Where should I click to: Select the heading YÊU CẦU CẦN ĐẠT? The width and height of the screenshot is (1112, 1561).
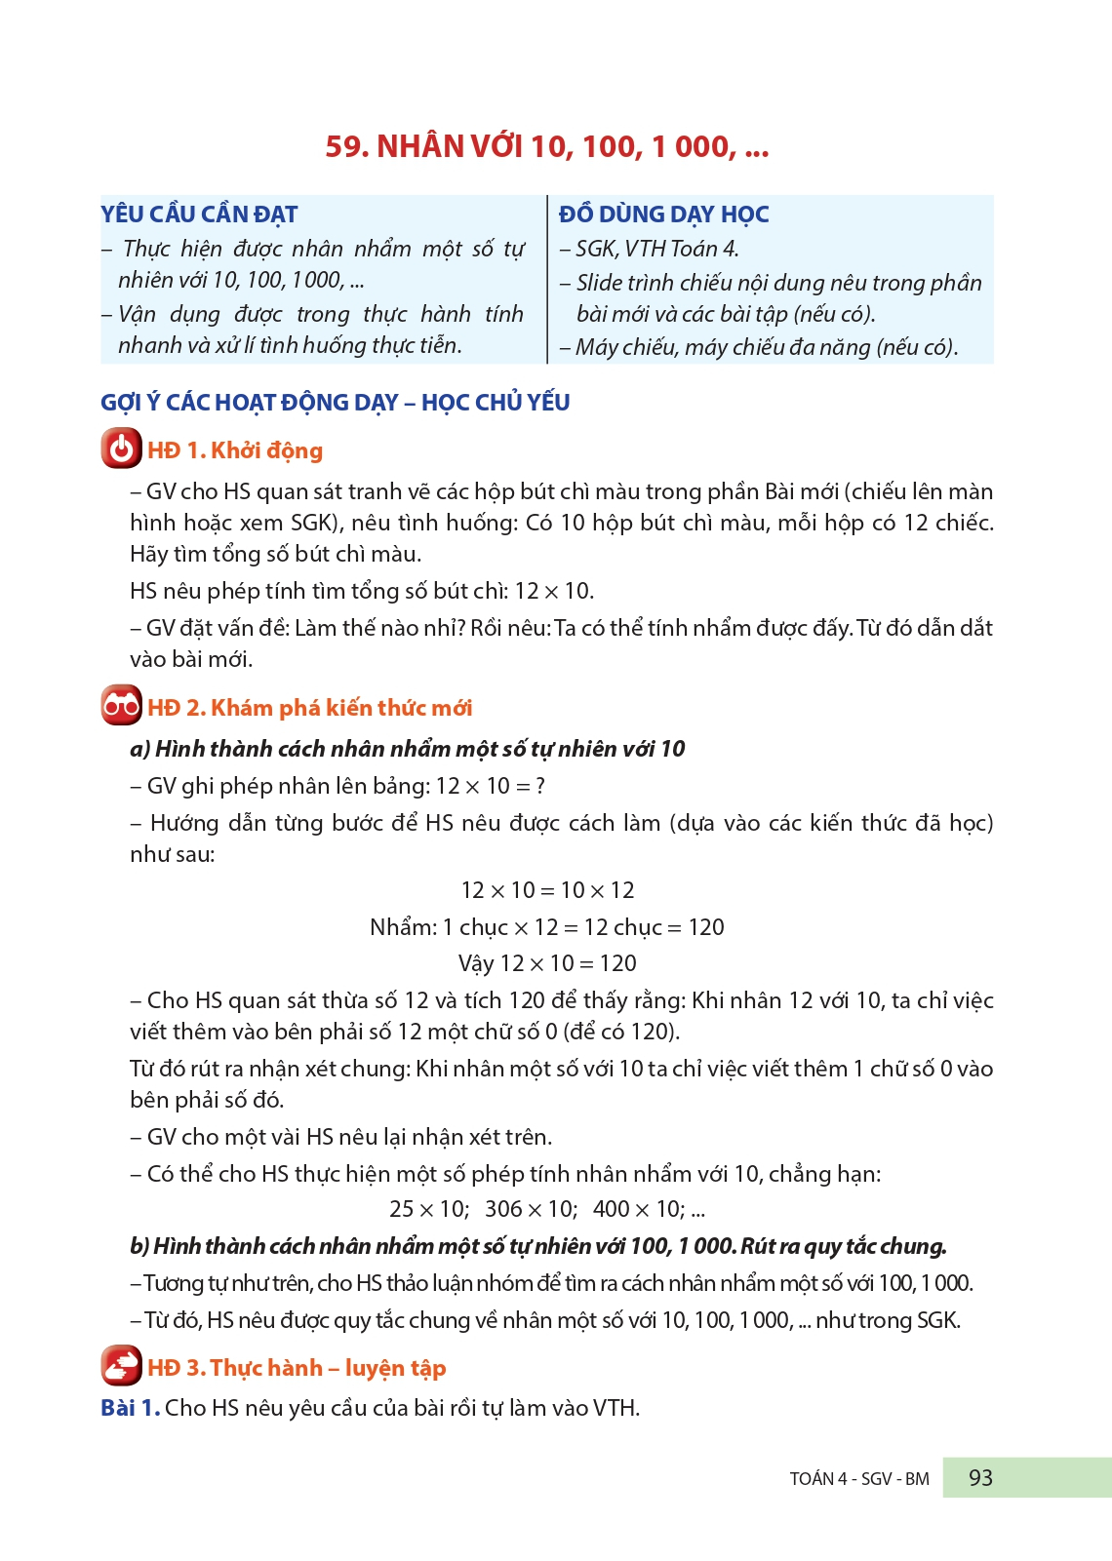tap(199, 215)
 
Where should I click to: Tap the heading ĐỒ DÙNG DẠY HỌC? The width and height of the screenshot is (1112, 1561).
tap(663, 215)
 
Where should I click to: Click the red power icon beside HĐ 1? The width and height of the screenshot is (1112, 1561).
tap(121, 449)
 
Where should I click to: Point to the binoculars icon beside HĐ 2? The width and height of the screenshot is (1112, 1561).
tap(121, 706)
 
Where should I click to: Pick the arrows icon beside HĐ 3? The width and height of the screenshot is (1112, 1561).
tap(121, 1366)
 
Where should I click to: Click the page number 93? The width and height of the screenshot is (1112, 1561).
tap(980, 1478)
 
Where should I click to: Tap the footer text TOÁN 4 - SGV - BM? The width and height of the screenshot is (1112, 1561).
tap(859, 1479)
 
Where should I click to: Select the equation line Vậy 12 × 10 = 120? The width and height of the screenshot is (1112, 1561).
tap(547, 963)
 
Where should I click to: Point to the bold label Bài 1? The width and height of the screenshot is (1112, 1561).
tap(130, 1408)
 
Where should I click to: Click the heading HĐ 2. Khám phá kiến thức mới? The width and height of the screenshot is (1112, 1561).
tap(310, 708)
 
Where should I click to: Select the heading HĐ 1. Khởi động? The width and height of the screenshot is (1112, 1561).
tap(235, 450)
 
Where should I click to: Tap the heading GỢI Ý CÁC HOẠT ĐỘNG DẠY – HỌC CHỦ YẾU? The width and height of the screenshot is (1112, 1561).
tap(336, 403)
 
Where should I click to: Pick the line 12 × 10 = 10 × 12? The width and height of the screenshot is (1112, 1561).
tap(547, 890)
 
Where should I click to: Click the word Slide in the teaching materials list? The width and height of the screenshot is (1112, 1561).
tap(598, 283)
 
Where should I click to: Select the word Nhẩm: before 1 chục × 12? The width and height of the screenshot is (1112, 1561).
tap(403, 927)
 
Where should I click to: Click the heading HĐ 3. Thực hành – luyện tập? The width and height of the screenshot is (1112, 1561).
tap(297, 1368)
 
